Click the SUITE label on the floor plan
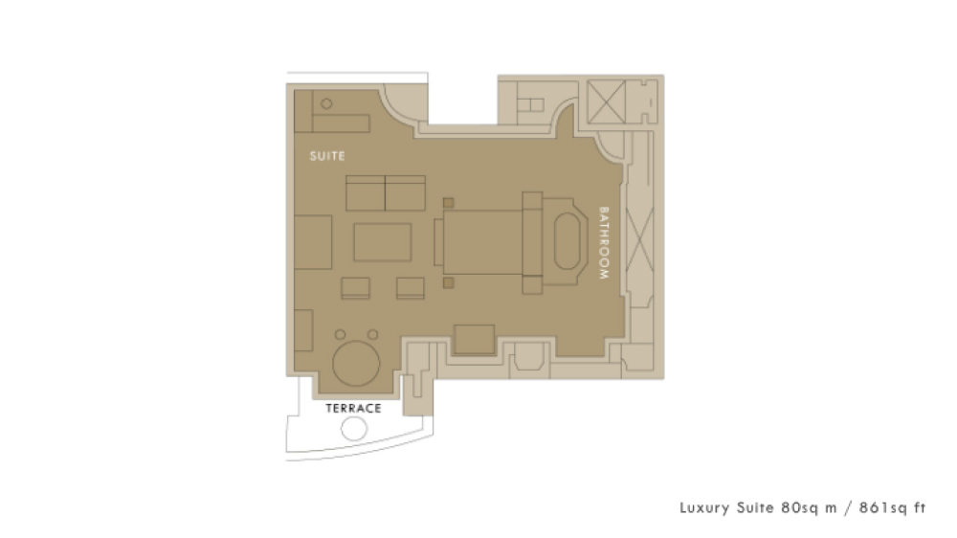pos(327,156)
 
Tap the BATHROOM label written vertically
pos(604,243)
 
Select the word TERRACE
pos(353,409)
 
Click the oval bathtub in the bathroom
pos(567,241)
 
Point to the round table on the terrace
pos(354,428)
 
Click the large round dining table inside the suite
pos(356,363)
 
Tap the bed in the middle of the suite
pos(482,242)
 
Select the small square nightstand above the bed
pos(448,203)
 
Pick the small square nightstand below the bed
pos(448,282)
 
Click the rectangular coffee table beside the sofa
pos(383,242)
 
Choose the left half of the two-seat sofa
pos(365,193)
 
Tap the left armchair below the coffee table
pos(355,288)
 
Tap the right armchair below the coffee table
pos(411,288)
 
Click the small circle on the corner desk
pos(326,103)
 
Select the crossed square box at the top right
pos(606,102)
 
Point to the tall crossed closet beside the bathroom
pos(639,239)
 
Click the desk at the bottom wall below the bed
pos(475,340)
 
